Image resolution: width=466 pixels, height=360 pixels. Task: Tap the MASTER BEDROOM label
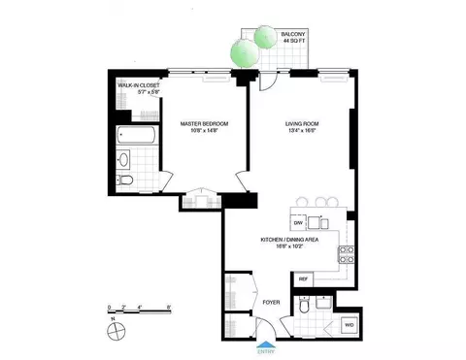pos(205,124)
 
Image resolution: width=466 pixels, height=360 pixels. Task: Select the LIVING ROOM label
pos(302,124)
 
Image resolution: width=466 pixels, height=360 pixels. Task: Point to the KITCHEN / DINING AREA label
pos(290,239)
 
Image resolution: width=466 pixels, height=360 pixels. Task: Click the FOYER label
pos(272,302)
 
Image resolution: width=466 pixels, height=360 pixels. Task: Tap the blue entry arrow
pos(265,344)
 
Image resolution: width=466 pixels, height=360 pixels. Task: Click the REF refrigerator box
pos(304,278)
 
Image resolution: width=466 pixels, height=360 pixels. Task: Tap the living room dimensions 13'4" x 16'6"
pos(302,133)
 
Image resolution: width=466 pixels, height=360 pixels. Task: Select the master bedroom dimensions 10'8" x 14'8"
pos(205,133)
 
